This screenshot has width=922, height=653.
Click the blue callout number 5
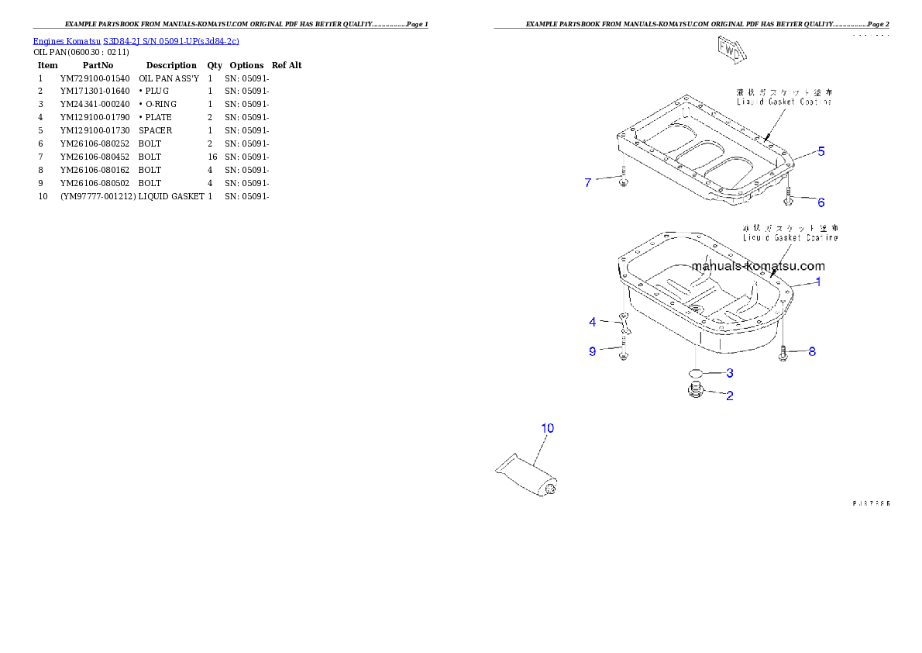pyautogui.click(x=821, y=152)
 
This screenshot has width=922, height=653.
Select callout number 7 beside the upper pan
pyautogui.click(x=588, y=183)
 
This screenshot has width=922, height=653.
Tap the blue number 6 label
pyautogui.click(x=821, y=202)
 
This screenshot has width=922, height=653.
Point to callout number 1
pyautogui.click(x=817, y=282)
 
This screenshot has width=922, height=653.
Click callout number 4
pyautogui.click(x=593, y=322)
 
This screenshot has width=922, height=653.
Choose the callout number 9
pyautogui.click(x=593, y=351)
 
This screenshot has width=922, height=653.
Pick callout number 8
pyautogui.click(x=811, y=351)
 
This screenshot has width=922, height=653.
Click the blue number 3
pyautogui.click(x=729, y=373)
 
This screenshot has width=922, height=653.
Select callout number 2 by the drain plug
pyautogui.click(x=729, y=396)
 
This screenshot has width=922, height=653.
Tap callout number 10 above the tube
pyautogui.click(x=547, y=428)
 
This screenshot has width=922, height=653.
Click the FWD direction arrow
pyautogui.click(x=730, y=49)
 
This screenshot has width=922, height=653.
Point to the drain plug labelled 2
pyautogui.click(x=695, y=391)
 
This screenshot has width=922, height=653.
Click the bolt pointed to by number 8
pyautogui.click(x=784, y=353)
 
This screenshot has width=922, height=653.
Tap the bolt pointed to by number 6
pyautogui.click(x=787, y=199)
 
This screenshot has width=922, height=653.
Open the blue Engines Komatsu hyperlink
pyautogui.click(x=136, y=40)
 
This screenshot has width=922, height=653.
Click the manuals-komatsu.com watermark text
pyautogui.click(x=758, y=266)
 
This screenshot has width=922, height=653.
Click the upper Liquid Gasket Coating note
pyautogui.click(x=783, y=97)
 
